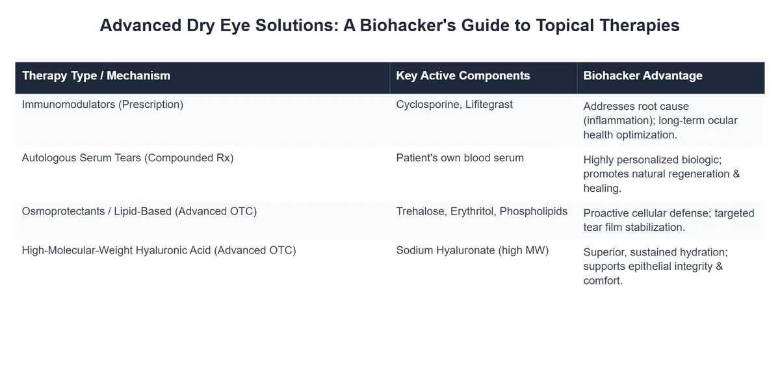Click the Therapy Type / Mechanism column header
click(96, 75)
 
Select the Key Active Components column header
click(463, 75)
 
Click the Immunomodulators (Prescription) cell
click(103, 104)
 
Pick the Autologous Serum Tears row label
click(127, 157)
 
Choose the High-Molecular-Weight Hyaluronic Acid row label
click(159, 250)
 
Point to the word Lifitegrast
click(488, 104)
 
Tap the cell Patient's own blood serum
click(460, 157)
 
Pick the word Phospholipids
click(533, 211)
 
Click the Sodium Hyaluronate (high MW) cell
click(472, 250)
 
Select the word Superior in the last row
click(604, 252)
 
